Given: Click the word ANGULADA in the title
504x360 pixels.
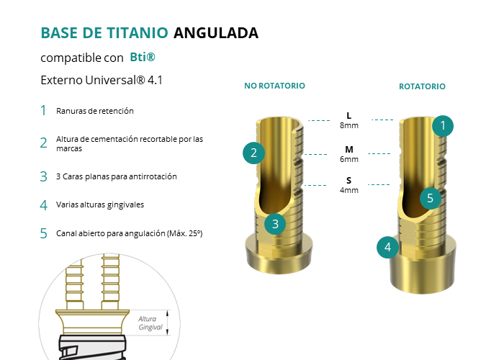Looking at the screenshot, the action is point(216,33).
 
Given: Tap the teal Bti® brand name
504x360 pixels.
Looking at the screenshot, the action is point(143,57).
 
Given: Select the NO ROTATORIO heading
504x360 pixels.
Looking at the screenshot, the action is point(274,86).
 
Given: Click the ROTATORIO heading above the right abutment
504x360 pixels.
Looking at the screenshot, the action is point(422,86).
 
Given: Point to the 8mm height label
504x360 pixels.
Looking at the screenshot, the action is point(349,125).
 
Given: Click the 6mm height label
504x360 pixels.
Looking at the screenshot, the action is point(349,159).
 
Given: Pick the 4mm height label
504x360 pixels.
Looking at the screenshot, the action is point(349,190).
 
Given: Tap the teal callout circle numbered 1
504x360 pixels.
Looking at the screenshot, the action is point(443,126).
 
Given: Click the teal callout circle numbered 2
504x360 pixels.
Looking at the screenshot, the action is point(253,153).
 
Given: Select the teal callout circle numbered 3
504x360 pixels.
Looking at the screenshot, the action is point(275,224).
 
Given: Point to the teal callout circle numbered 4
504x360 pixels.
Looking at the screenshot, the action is point(387,248).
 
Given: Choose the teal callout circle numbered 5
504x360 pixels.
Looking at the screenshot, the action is point(431,198).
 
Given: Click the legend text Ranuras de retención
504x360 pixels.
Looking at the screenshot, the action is point(95,111).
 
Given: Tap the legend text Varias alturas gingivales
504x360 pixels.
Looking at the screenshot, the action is point(100,204).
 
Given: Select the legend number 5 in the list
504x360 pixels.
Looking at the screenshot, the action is point(43,233).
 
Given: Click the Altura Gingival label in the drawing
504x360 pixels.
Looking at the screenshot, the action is point(150,323).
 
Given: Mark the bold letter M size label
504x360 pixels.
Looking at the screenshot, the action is point(349,150).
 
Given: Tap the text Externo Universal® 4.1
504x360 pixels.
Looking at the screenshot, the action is point(102,80).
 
